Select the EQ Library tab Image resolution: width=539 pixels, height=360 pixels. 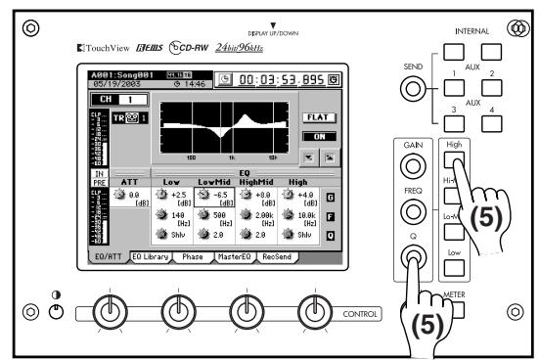(x=151, y=256)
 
